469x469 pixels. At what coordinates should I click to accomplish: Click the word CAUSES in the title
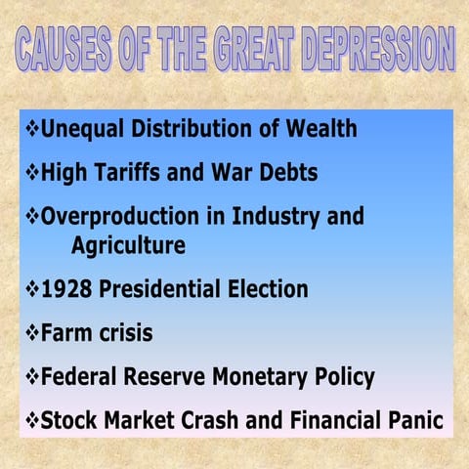click(x=66, y=49)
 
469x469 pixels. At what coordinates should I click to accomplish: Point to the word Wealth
click(x=318, y=129)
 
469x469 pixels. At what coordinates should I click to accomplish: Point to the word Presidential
click(x=160, y=289)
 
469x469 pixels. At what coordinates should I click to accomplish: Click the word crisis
click(x=121, y=333)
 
